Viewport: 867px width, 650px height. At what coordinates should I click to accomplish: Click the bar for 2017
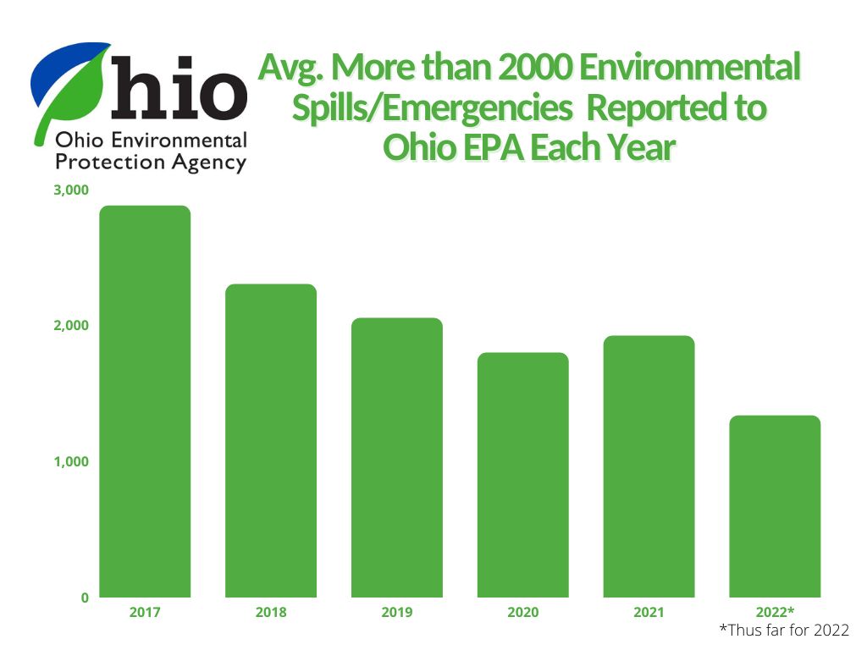point(145,402)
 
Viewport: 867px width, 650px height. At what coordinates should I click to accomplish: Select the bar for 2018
point(271,441)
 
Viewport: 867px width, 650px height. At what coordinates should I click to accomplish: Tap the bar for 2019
point(397,458)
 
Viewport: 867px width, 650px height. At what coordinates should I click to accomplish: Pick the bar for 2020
point(523,475)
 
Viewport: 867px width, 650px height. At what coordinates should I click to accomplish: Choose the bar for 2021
point(649,466)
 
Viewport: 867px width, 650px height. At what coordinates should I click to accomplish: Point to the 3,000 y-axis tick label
point(71,190)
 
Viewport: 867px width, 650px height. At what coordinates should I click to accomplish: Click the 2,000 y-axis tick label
point(71,326)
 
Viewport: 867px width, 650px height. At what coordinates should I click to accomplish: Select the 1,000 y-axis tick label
point(71,462)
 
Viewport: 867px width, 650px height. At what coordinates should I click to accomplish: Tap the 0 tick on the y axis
point(85,598)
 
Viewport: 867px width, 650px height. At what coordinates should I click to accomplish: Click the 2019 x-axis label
point(397,612)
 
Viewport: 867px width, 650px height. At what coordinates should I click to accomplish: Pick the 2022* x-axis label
point(775,612)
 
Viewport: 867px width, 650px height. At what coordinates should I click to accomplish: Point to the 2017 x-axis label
point(145,612)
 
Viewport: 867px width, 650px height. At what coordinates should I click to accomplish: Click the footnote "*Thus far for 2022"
point(783,631)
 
